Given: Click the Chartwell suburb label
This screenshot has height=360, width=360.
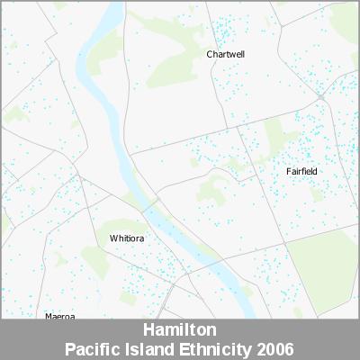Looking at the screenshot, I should (225, 54).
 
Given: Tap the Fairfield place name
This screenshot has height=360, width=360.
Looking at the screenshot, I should (301, 171).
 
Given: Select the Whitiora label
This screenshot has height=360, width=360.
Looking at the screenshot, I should (127, 238).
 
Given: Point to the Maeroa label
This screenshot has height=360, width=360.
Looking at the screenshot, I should (59, 316).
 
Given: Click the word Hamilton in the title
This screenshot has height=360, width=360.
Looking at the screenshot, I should (180, 330).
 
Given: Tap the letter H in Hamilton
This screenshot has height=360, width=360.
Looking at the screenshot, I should (148, 330).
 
